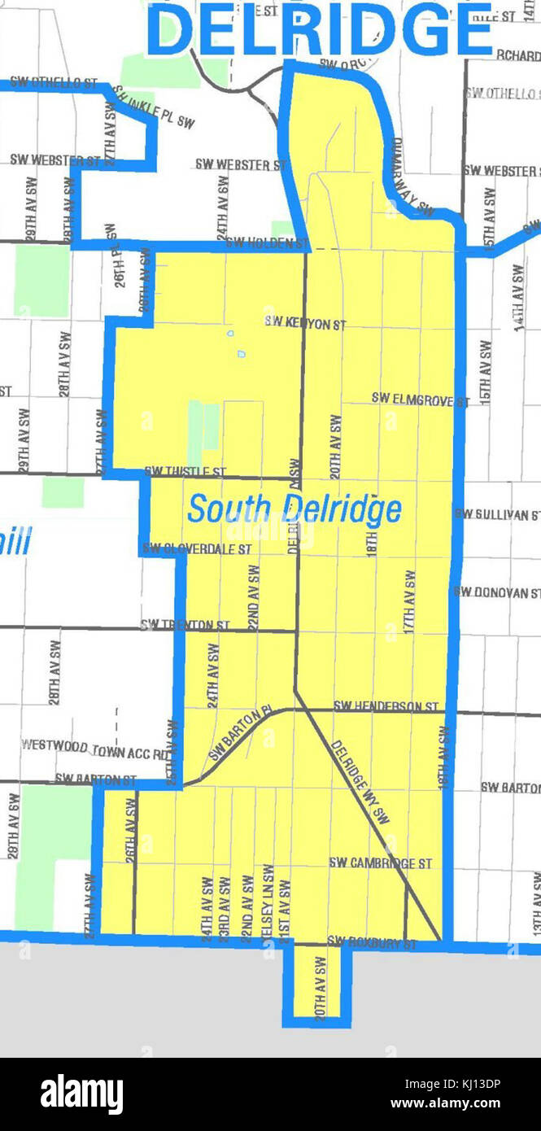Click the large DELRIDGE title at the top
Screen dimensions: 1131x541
pos(321,30)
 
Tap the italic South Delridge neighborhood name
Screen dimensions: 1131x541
pos(294,509)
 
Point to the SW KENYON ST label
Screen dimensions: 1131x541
pos(305,323)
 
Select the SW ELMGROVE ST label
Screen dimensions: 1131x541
pos(420,399)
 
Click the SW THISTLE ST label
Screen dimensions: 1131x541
pos(185,471)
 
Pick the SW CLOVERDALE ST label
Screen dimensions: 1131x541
pos(197,549)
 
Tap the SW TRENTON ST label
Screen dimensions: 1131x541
pos(185,625)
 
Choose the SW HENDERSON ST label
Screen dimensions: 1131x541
pos(386,705)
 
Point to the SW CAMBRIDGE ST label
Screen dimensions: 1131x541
pos(380,862)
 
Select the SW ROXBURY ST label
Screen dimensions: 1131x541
pos(372,944)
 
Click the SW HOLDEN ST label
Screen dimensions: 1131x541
pos(267,242)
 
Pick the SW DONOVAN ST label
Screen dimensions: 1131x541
pos(497,592)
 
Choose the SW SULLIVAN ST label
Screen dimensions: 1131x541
pos(497,514)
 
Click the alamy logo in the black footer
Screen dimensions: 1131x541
pos(81,1094)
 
